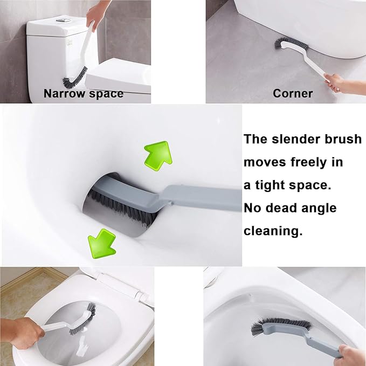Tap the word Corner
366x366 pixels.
293,94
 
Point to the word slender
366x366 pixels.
298,139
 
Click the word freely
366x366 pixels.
316,162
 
